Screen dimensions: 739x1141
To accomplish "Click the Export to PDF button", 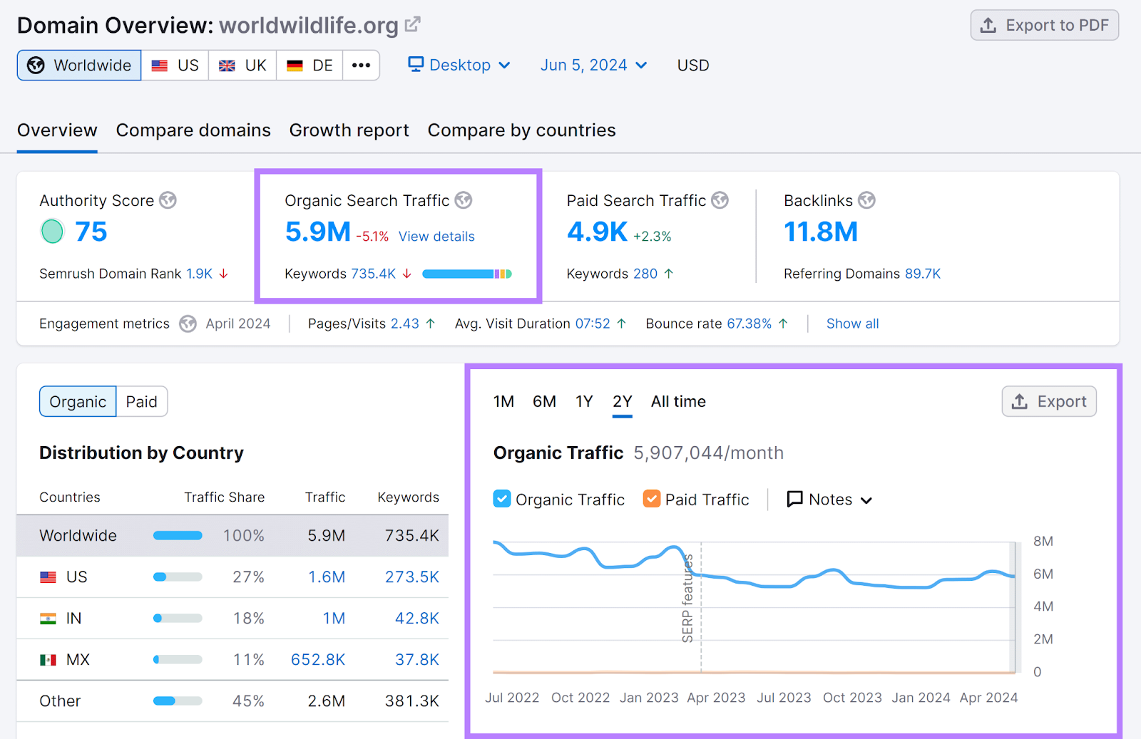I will [1044, 26].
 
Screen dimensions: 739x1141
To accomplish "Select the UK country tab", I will [242, 66].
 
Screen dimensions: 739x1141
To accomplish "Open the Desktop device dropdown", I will [459, 66].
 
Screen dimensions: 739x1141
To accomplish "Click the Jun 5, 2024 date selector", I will [593, 66].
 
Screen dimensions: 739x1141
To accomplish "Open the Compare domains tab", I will [193, 130].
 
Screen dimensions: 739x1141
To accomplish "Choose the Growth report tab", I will [349, 130].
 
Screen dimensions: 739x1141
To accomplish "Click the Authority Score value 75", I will [91, 232].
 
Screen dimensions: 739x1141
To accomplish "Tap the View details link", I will [436, 237].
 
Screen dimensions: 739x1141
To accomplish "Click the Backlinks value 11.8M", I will [820, 232].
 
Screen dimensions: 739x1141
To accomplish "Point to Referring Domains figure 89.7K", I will [923, 274].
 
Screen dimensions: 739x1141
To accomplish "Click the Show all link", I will [852, 324].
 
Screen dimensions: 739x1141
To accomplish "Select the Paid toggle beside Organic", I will [141, 402].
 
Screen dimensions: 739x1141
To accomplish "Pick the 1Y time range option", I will [584, 402].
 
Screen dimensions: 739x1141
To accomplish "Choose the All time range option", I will [678, 402].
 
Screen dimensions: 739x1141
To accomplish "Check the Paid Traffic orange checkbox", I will [651, 499].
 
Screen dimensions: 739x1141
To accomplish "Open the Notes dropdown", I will [829, 500].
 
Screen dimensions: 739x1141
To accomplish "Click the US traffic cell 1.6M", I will [327, 577].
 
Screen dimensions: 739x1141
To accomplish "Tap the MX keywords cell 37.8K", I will [417, 660].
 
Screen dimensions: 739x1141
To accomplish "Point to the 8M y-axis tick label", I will [1043, 542].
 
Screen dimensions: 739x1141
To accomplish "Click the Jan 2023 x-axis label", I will [649, 698].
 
